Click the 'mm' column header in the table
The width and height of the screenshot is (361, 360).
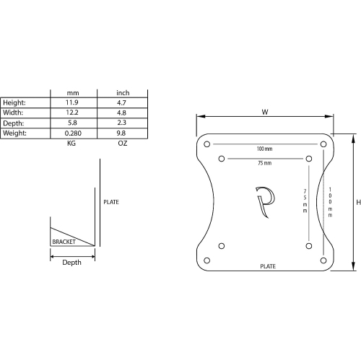click(72, 93)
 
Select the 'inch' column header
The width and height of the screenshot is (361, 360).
click(122, 93)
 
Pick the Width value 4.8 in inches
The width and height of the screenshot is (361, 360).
click(122, 113)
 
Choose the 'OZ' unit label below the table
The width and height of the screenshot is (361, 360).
click(122, 144)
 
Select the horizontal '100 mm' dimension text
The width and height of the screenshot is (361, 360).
click(264, 149)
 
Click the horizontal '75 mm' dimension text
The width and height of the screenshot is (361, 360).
click(264, 164)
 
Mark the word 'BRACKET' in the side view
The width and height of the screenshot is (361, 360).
click(64, 242)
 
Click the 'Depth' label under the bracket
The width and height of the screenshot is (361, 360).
click(71, 263)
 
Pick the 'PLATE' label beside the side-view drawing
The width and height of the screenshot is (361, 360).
click(110, 202)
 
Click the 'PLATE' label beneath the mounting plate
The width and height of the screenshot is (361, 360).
click(268, 267)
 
